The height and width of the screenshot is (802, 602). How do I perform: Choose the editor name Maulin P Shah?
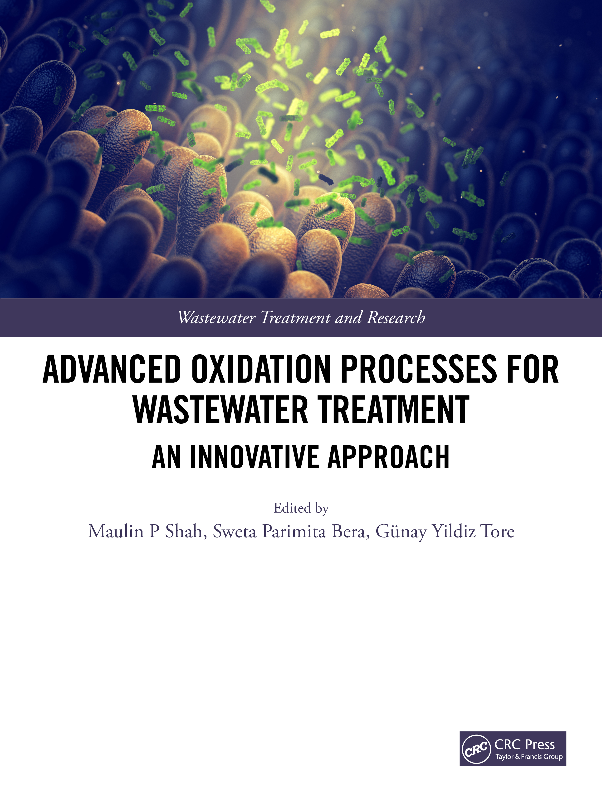point(148,532)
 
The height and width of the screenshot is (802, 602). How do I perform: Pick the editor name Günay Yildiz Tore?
point(445,532)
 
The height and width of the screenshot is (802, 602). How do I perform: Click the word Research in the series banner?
point(396,318)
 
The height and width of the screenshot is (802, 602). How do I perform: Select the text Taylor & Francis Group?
point(529,757)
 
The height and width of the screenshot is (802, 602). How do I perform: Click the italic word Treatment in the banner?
point(296,318)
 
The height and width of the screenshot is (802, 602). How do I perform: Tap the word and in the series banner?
point(349,318)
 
